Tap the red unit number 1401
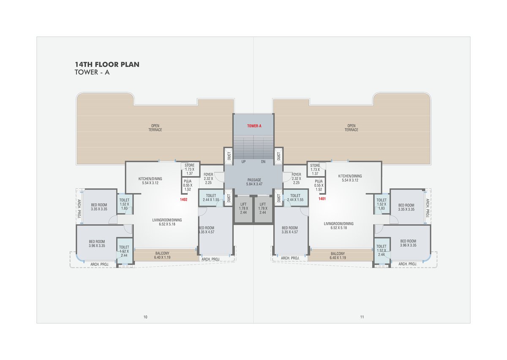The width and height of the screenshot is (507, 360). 322,199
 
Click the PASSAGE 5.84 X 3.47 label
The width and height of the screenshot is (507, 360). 254,182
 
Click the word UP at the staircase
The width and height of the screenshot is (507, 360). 244,162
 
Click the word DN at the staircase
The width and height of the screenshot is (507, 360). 263,162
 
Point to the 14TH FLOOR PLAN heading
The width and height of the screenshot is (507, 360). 107,65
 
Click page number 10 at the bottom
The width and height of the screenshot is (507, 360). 145,317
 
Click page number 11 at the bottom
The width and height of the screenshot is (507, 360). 362,317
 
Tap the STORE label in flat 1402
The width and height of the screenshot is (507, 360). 190,166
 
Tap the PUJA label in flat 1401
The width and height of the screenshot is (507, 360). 319,180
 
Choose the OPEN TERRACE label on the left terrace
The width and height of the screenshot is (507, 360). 155,128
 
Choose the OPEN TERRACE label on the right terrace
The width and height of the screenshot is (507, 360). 351,128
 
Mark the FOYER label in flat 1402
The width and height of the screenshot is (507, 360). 208,174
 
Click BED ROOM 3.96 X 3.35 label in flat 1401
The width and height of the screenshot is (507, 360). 409,243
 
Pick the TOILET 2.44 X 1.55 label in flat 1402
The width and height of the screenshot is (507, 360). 211,197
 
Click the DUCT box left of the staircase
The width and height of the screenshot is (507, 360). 228,156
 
